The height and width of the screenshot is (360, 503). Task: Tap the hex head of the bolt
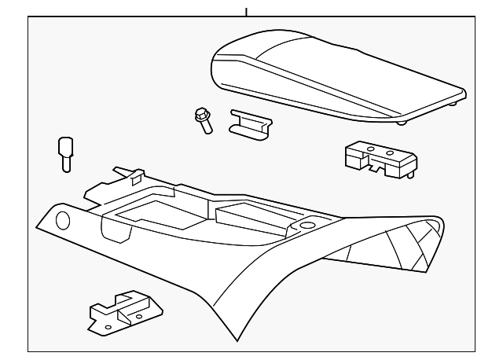coord(200,115)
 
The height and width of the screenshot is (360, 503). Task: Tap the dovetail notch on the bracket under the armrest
coord(384,167)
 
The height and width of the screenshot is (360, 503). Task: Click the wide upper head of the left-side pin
coord(65,147)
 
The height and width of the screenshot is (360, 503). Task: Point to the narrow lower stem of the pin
coord(65,163)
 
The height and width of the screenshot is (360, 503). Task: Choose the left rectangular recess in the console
coord(149,211)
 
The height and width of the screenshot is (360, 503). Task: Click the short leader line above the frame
coord(246,11)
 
